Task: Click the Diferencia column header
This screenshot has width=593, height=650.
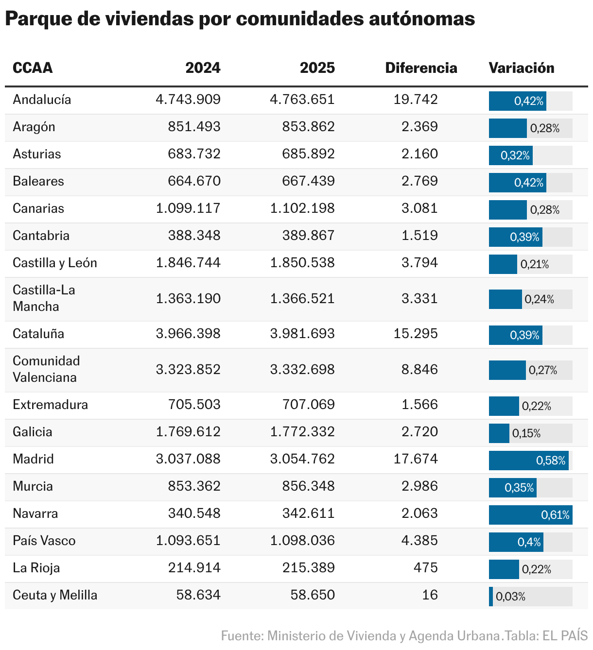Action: pos(421,68)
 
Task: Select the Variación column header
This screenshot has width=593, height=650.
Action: pos(522,68)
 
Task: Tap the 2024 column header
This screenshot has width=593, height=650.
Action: pos(203,68)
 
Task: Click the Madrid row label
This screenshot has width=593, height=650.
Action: pos(33,459)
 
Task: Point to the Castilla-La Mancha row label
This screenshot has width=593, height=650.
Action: pos(44,298)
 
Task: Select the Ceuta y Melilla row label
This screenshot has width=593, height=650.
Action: pos(55,596)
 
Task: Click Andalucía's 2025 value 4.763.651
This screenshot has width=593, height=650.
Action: pos(302,100)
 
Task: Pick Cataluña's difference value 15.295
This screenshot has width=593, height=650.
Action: pos(416,334)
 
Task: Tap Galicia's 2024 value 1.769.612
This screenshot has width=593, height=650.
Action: pos(188,432)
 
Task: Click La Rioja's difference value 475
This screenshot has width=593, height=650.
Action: pos(426,568)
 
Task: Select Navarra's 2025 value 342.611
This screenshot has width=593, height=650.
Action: pos(308,513)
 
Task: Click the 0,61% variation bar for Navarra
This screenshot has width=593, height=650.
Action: pos(530,515)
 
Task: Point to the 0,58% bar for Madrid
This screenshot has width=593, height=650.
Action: pos(528,461)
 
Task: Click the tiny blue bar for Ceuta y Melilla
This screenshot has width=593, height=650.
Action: pos(490,597)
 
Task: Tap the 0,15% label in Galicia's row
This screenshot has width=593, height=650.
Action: pos(526,433)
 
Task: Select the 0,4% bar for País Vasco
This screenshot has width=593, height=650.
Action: pos(516,542)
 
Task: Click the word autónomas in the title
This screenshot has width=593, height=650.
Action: pos(422,19)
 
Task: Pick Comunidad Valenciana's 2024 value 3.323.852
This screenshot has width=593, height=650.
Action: pos(188,370)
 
